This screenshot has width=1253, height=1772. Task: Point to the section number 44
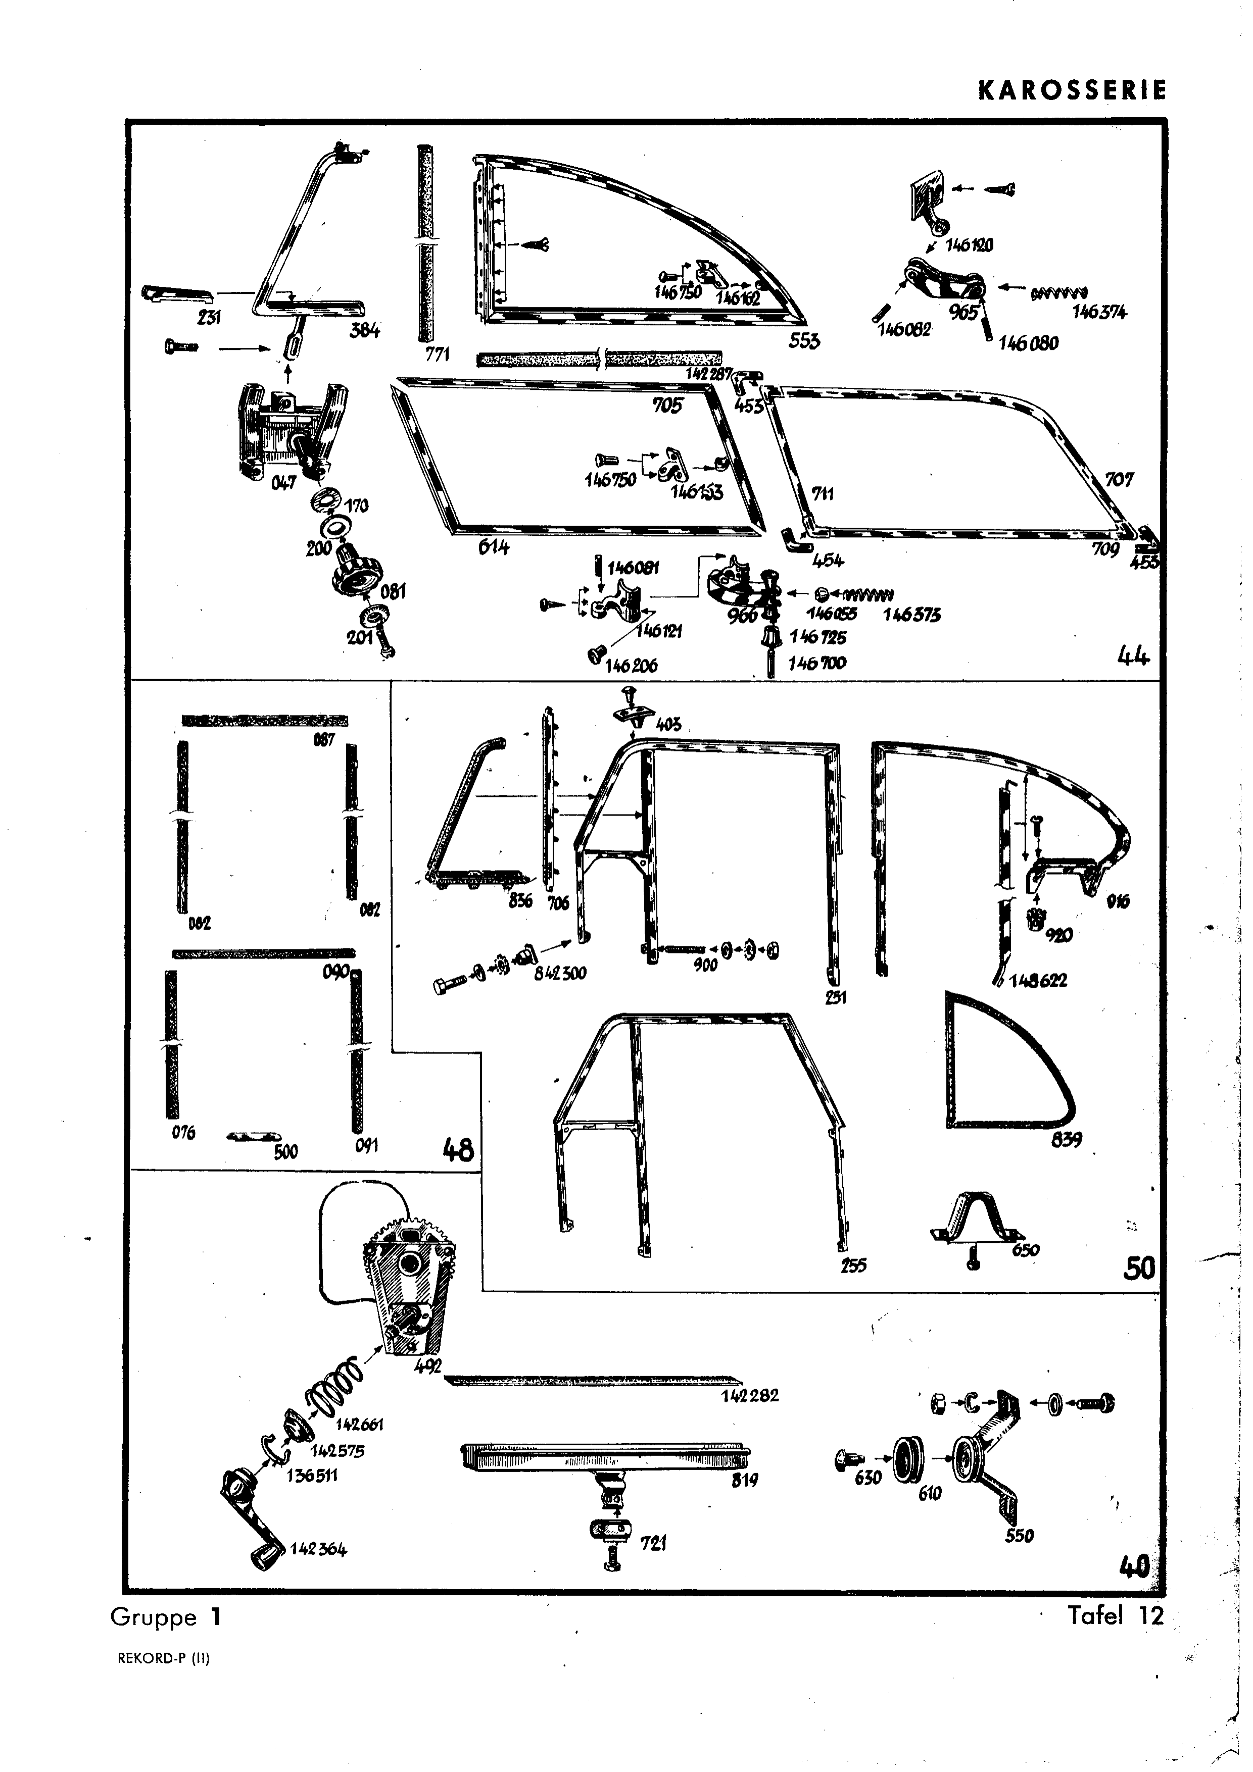(1133, 657)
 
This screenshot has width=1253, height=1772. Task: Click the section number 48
(457, 1151)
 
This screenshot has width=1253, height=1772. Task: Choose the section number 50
(1139, 1268)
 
